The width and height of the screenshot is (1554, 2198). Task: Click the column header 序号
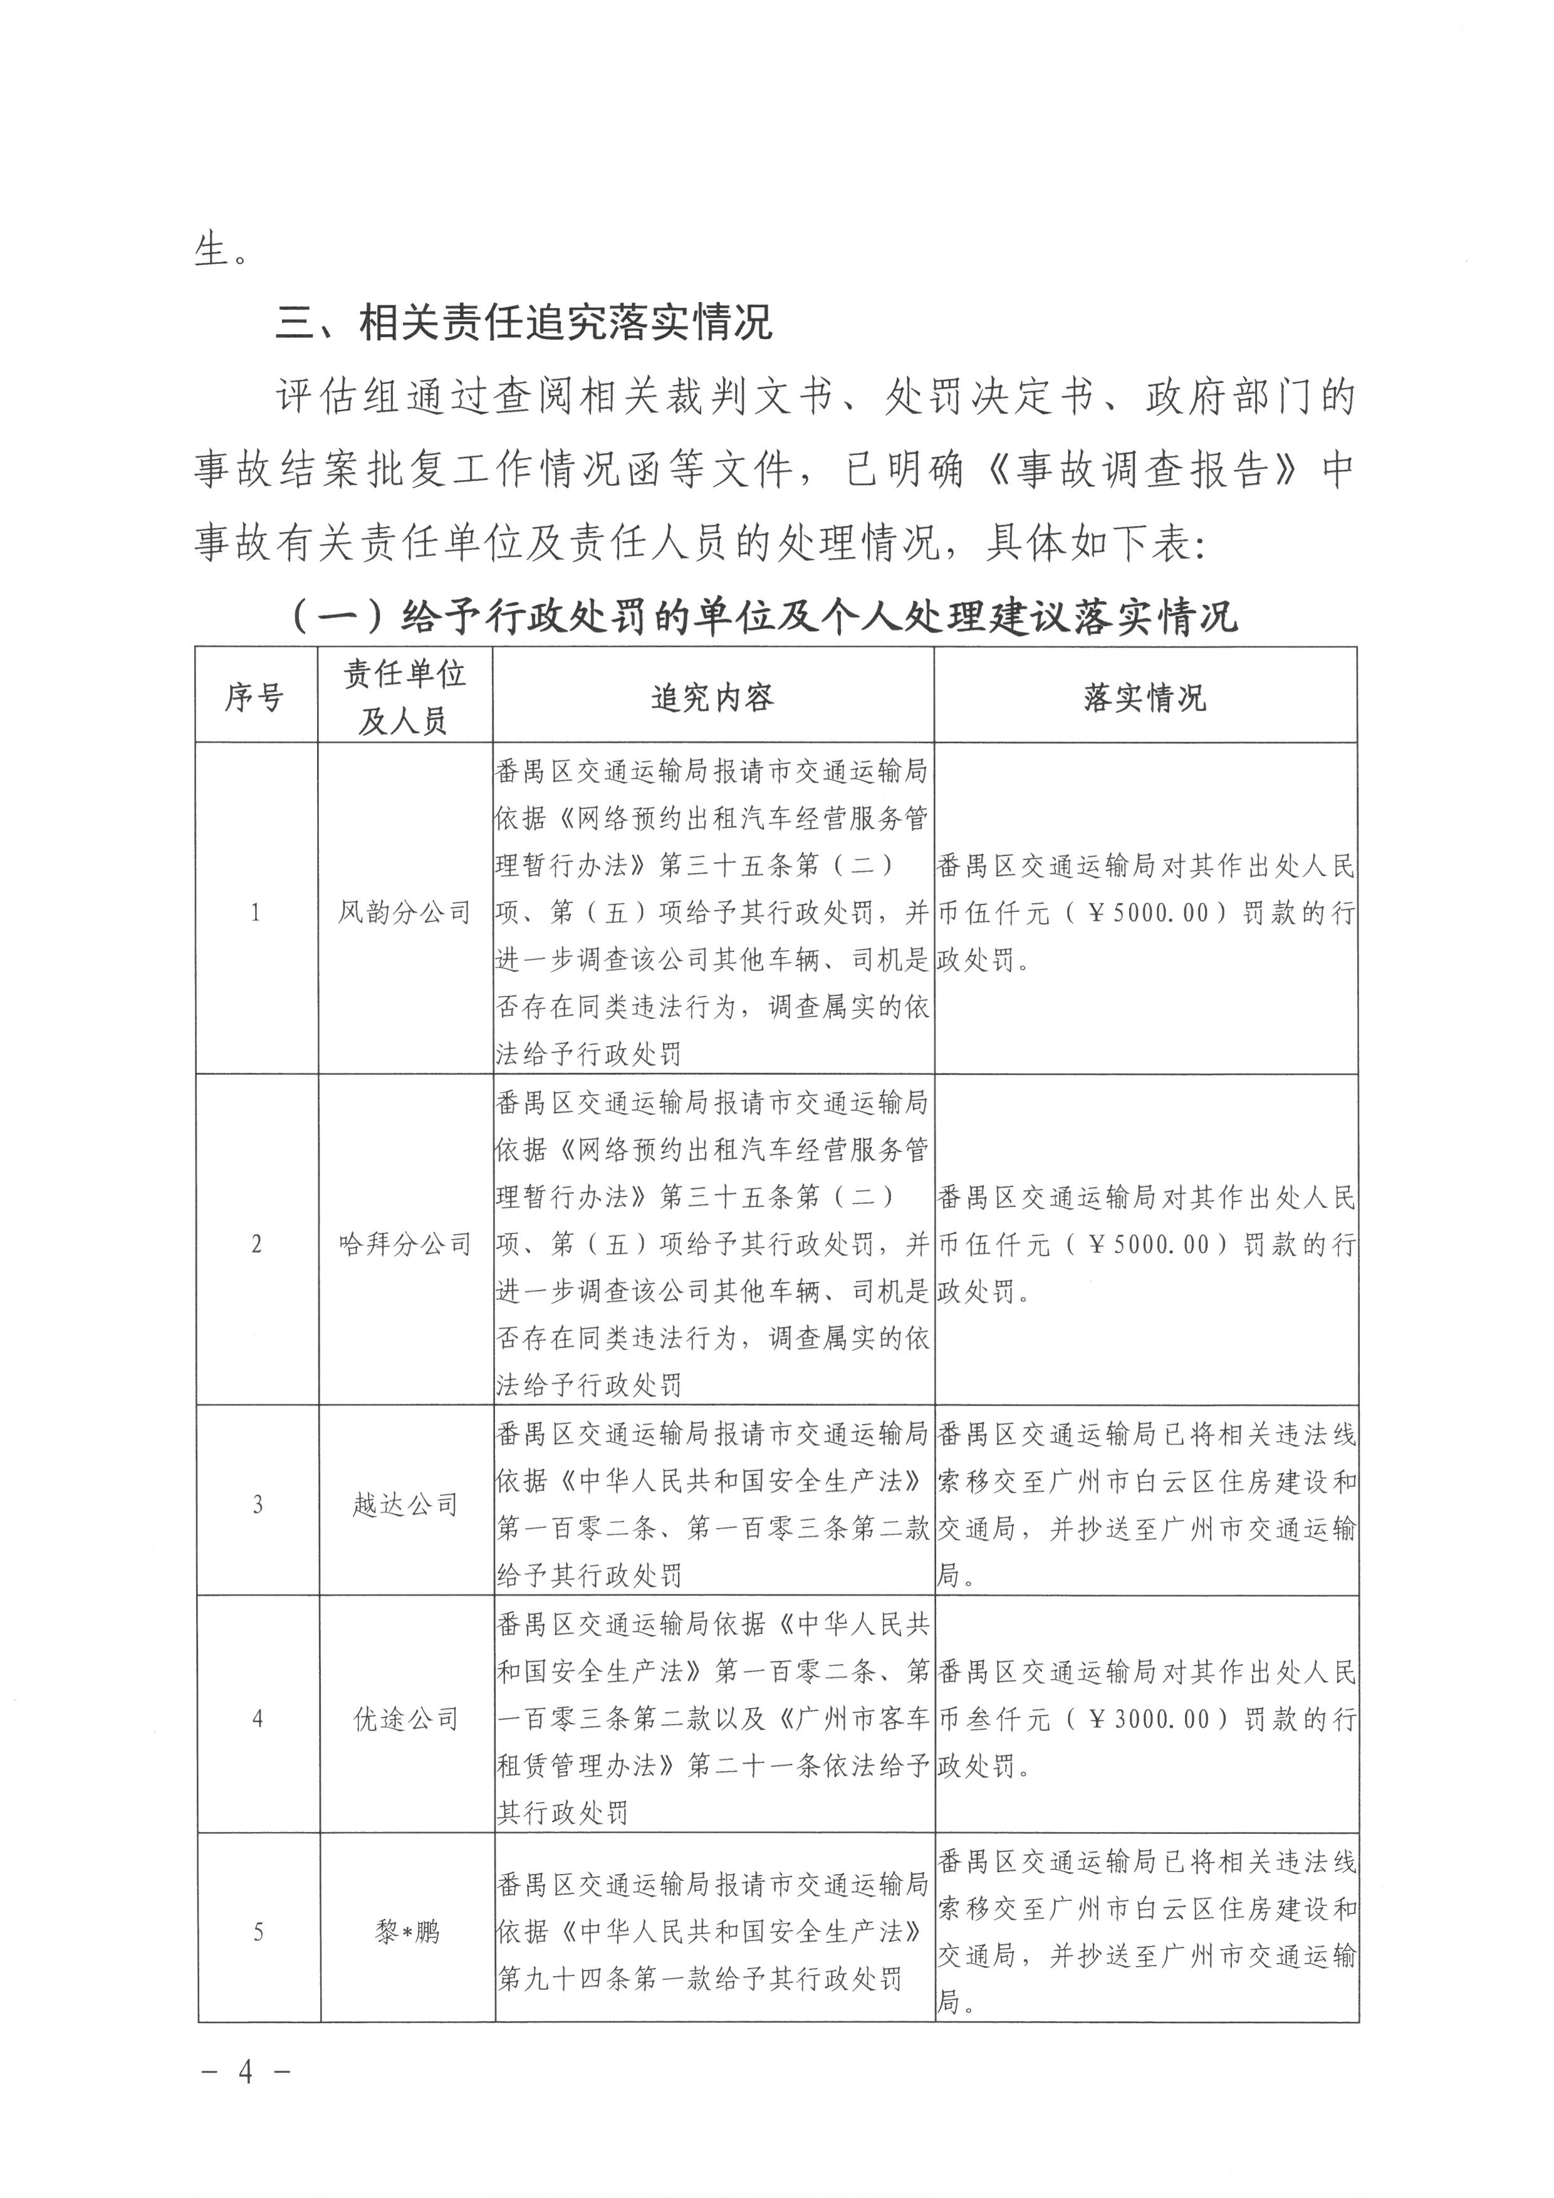pos(254,698)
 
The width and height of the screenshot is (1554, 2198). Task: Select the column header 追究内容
pos(713,698)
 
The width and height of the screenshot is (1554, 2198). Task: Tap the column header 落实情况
pos(1145,698)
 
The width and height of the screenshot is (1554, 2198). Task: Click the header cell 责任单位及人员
pos(405,698)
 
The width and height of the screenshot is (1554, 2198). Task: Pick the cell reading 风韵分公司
pos(405,913)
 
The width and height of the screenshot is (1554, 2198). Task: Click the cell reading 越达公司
pos(405,1505)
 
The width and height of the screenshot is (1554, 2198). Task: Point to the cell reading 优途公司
pos(405,1719)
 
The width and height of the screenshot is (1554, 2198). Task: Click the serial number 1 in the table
pos(256,913)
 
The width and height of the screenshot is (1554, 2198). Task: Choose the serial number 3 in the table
pos(256,1505)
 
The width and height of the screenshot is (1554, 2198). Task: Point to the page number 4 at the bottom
pos(245,2073)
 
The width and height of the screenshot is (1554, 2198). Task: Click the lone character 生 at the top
pos(211,251)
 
